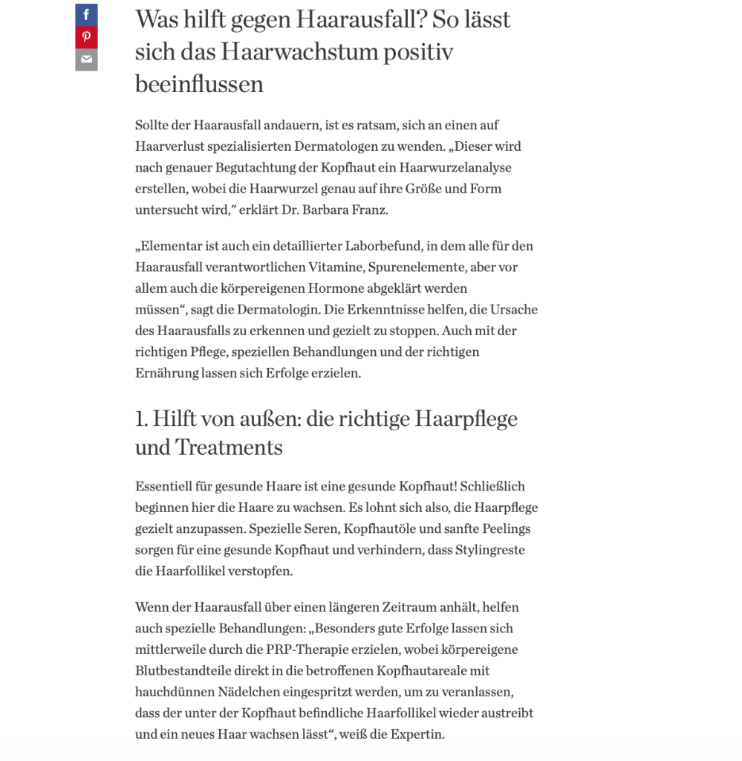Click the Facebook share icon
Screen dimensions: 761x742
pos(86,15)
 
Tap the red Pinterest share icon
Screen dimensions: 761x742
pos(86,37)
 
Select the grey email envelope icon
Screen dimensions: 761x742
pos(86,59)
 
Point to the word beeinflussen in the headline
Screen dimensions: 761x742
pos(199,84)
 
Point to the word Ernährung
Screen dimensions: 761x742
pos(166,372)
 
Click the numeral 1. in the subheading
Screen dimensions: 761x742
pos(141,419)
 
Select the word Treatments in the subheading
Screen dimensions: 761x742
pos(229,448)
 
